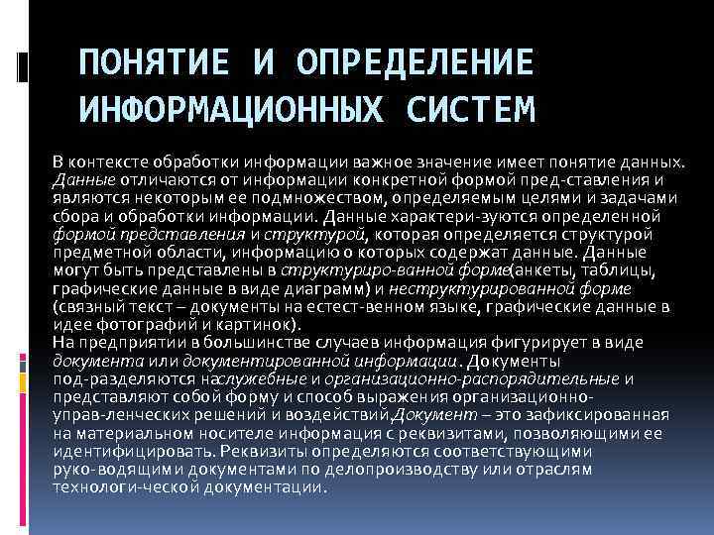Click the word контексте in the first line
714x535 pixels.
click(x=112, y=161)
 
